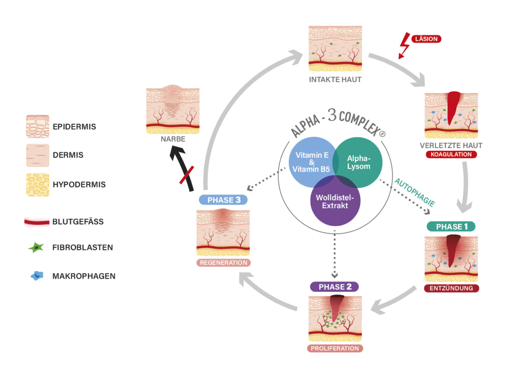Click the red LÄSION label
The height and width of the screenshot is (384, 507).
(x=427, y=39)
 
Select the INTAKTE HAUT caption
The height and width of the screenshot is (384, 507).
(x=335, y=79)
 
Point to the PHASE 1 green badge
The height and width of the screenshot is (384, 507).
(x=451, y=226)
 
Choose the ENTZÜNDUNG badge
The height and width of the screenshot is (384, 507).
(x=451, y=288)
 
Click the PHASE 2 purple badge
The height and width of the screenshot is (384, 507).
(x=334, y=286)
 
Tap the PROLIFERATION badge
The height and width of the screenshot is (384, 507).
(x=334, y=348)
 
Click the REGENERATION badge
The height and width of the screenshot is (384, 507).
(x=223, y=263)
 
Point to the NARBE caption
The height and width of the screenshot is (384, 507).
(x=174, y=139)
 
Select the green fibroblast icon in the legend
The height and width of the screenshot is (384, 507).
(x=37, y=248)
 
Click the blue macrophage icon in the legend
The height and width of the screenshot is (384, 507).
(x=37, y=276)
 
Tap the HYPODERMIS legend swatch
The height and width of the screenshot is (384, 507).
(x=37, y=184)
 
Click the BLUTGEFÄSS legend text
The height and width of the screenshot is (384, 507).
(x=78, y=222)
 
